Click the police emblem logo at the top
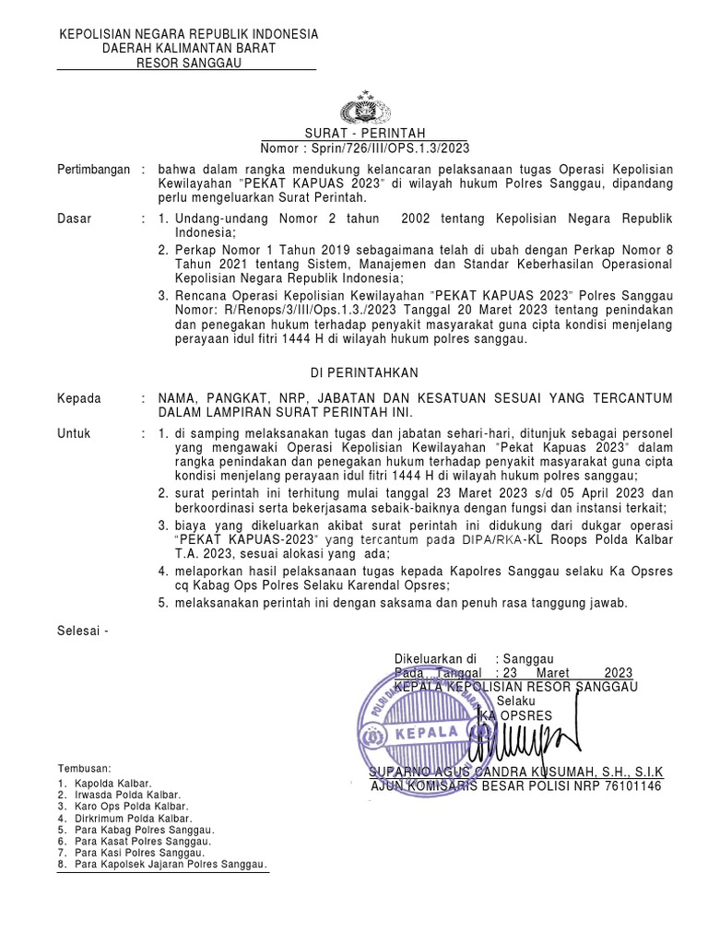[x=365, y=110]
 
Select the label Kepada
[x=79, y=397]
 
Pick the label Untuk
[x=75, y=433]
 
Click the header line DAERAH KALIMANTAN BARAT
[x=189, y=48]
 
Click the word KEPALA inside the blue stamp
[x=428, y=734]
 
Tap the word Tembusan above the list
[x=85, y=768]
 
